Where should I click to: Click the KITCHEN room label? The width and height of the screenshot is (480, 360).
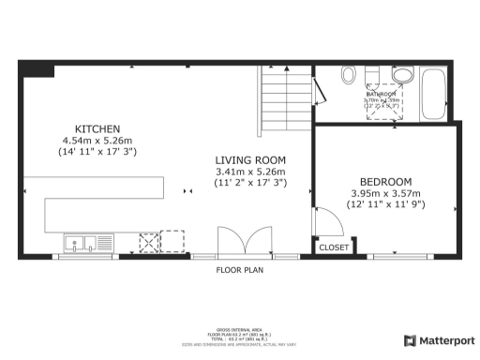point(97,128)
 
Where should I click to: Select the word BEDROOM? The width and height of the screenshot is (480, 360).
point(385,181)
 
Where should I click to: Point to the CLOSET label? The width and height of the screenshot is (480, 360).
point(334,247)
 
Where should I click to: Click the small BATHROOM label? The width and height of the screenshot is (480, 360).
point(382,94)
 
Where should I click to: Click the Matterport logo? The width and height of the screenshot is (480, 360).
point(439,340)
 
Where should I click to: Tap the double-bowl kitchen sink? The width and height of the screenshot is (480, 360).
point(82,244)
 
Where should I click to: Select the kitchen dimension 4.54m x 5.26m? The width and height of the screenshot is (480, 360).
point(97,140)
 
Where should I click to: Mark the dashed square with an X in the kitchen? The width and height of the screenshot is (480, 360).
point(147,243)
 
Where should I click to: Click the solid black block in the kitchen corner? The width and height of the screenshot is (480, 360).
point(37,69)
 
